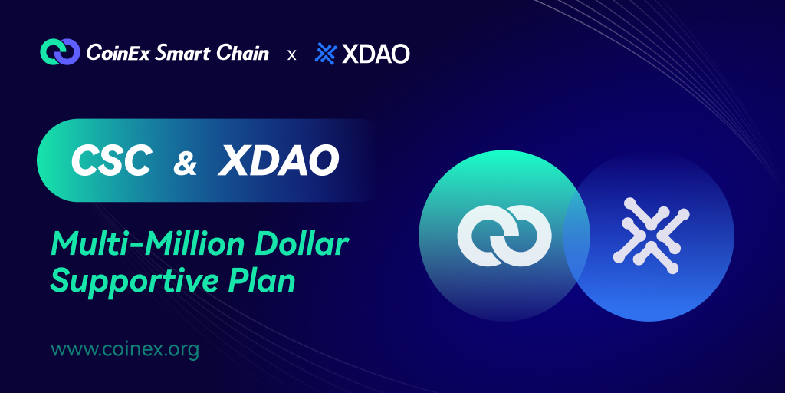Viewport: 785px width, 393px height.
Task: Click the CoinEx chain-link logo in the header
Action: [60, 51]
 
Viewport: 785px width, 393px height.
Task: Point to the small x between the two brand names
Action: [291, 54]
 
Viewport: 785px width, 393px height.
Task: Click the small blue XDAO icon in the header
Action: [325, 54]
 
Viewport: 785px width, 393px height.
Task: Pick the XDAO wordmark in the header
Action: [376, 54]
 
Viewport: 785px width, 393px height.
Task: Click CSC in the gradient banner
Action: [111, 160]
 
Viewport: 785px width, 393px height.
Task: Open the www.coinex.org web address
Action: [125, 349]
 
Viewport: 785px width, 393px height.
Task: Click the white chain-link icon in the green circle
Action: [504, 236]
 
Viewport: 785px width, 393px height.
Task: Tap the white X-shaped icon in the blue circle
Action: [652, 236]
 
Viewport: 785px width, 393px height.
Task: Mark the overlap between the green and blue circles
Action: [576, 236]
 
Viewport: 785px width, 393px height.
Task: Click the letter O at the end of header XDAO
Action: [399, 54]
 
